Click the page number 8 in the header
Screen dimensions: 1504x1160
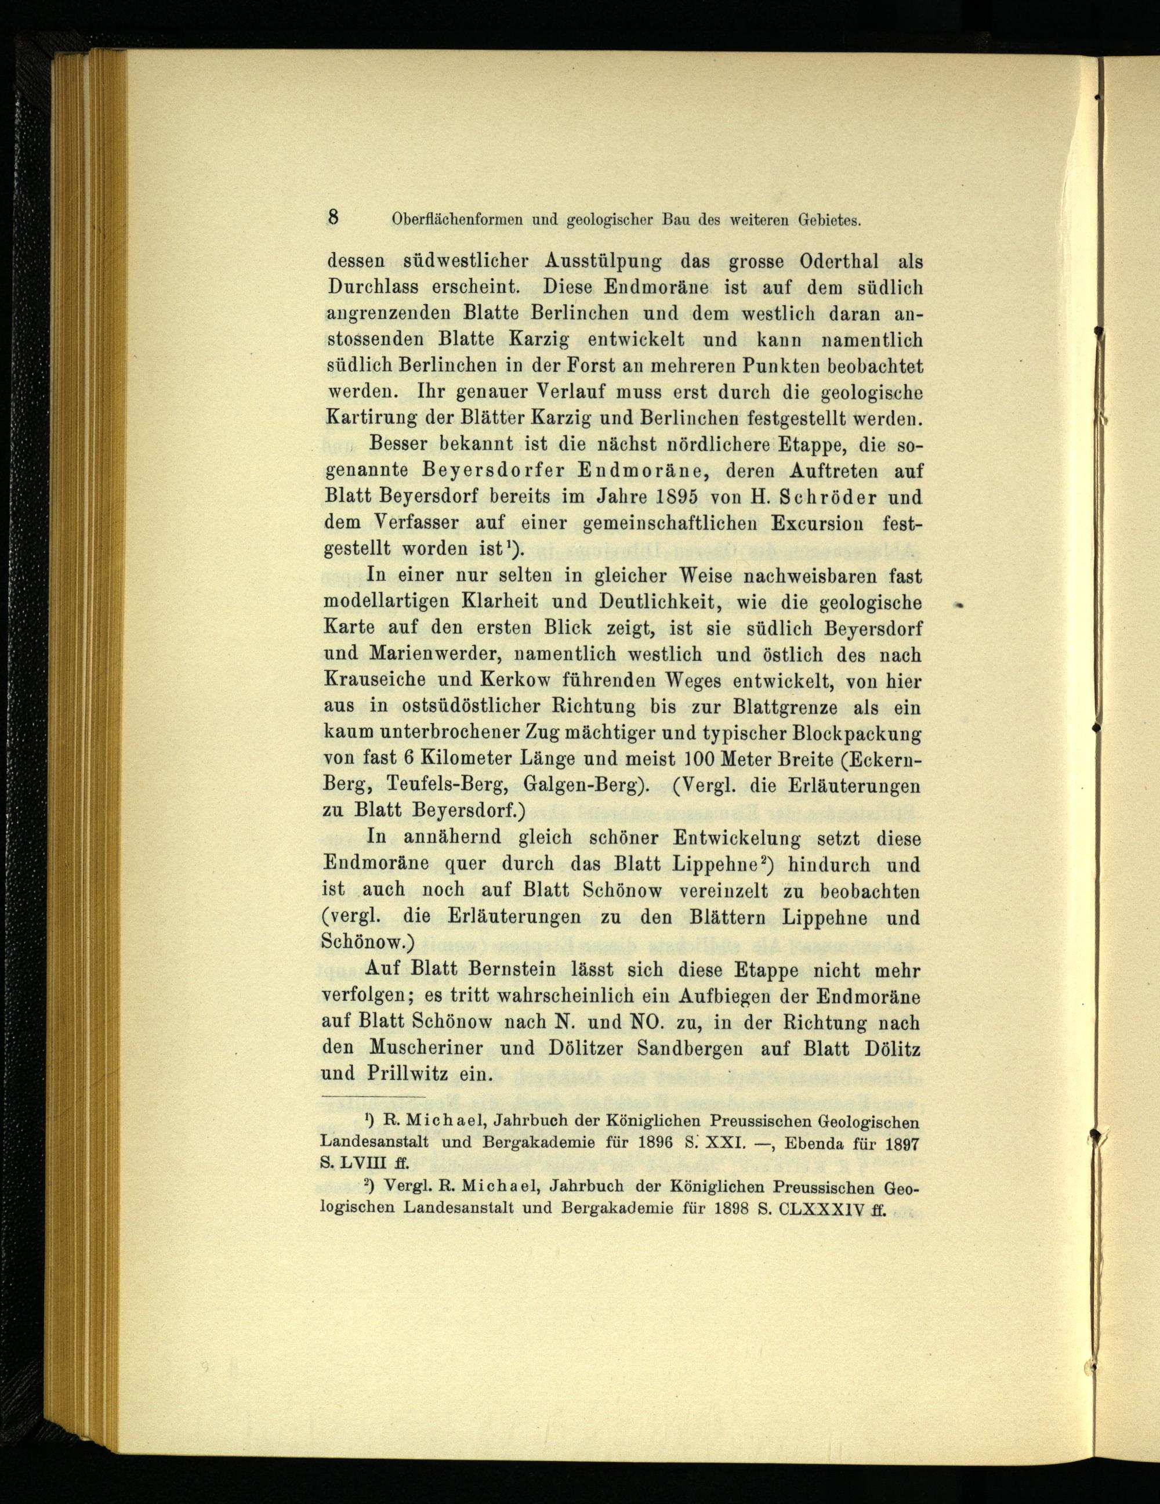333,218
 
